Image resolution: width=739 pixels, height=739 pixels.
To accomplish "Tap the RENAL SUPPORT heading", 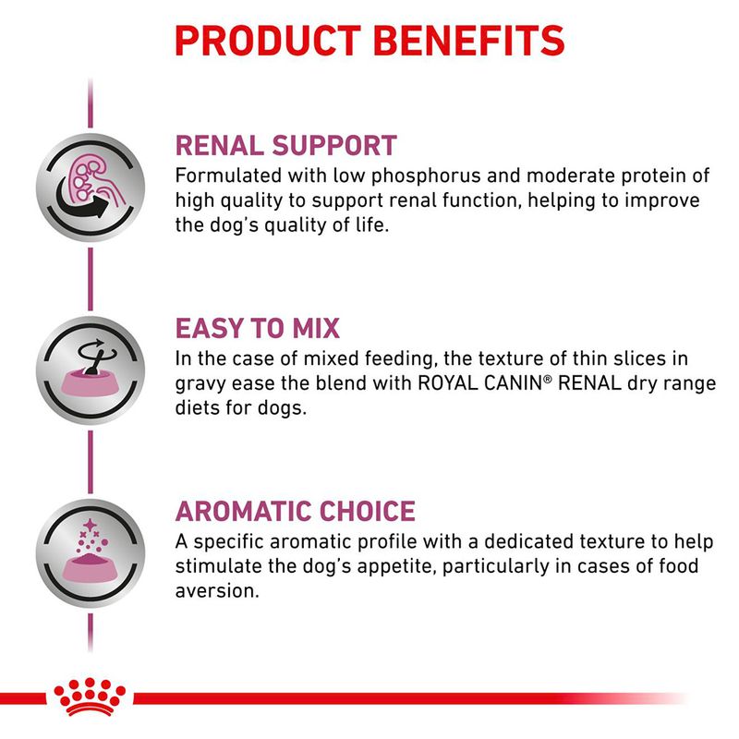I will [x=285, y=145].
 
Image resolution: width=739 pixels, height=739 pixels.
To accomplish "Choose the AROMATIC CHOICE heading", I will [x=295, y=510].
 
